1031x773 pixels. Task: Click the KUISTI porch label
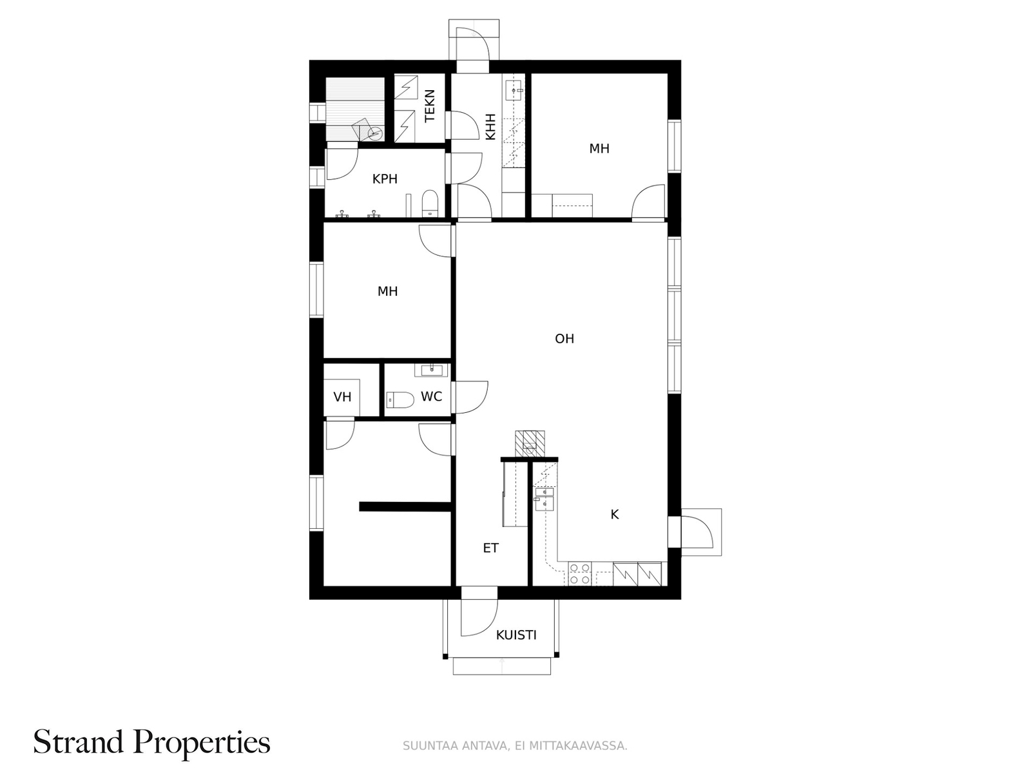click(516, 635)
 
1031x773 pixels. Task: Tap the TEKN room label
click(429, 106)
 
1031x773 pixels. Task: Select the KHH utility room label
click(490, 127)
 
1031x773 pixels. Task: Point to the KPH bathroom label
click(385, 179)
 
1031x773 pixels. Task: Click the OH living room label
click(564, 338)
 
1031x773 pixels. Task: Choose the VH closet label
click(342, 397)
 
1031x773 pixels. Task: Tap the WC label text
click(431, 397)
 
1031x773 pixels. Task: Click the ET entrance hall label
click(490, 548)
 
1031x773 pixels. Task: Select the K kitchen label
click(614, 515)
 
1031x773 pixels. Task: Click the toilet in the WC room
click(400, 400)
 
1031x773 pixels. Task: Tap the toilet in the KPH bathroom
click(430, 203)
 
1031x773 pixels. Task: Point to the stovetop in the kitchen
click(579, 573)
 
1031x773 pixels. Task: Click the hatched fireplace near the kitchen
click(530, 444)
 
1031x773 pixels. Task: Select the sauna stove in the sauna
click(368, 129)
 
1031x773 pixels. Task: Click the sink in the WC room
click(431, 370)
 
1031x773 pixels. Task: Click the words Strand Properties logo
click(151, 743)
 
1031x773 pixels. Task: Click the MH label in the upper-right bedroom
click(599, 148)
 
